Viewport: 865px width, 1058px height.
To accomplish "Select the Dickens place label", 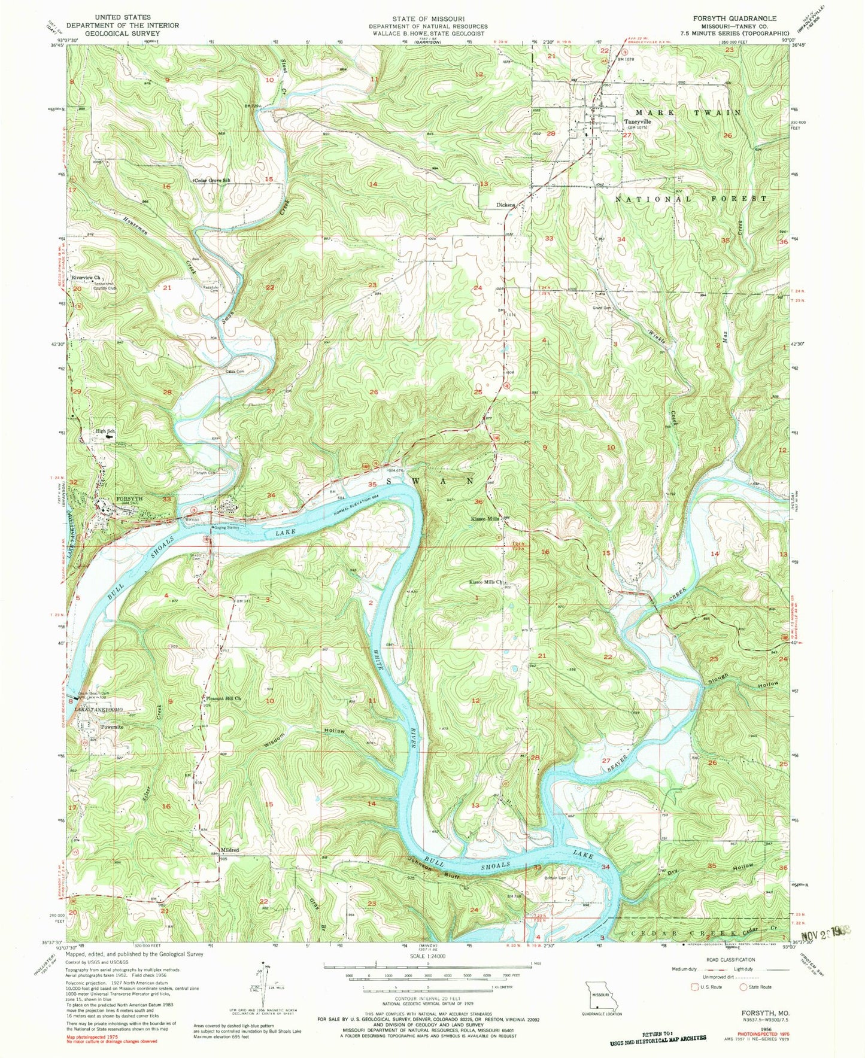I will (505, 205).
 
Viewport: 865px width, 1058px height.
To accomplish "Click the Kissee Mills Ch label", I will (485, 582).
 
